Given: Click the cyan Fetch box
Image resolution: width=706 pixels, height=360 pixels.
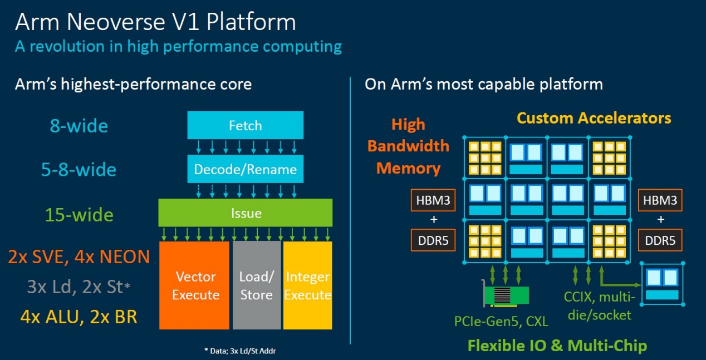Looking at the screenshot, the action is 245,125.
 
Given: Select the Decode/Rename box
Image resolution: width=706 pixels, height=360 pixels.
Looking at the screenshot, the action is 245,169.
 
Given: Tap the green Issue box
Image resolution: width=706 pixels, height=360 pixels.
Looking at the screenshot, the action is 245,213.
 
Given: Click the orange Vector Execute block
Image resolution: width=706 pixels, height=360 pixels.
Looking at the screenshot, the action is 194,285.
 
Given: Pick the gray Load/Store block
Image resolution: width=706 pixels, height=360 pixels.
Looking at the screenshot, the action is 257,285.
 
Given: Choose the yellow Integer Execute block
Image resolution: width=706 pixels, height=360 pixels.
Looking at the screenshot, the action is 307,285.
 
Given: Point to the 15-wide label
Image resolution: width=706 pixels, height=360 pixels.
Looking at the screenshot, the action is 79,215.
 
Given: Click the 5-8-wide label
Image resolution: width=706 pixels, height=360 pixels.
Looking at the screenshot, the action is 79,170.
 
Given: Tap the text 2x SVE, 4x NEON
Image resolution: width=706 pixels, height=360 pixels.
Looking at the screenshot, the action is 79,257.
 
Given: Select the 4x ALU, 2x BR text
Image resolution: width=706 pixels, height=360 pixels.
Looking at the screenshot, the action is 79,317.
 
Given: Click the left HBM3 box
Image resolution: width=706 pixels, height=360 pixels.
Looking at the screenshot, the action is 433,200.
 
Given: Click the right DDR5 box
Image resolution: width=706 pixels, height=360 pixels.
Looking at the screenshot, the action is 660,240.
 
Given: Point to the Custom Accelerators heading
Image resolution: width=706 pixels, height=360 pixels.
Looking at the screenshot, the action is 594,118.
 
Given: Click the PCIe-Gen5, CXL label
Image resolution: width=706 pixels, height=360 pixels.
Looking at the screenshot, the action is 501,321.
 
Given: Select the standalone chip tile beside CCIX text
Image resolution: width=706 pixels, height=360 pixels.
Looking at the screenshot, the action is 662,284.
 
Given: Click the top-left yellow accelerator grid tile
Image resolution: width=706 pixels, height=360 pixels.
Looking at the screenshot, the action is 485,158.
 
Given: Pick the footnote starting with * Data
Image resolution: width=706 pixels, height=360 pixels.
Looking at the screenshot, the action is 240,351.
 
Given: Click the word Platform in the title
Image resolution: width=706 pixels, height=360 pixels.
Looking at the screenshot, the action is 251,22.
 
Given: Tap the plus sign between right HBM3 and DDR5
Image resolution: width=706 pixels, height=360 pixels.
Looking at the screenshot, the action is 660,219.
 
